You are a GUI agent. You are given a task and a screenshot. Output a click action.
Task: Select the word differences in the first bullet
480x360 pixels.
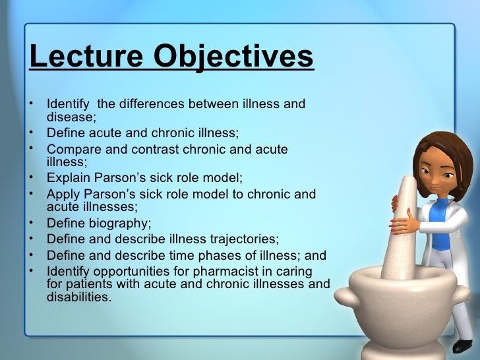coord(152,105)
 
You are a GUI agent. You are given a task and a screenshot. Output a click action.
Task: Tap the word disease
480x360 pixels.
coord(71,118)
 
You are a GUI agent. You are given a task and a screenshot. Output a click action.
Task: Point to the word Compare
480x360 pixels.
coord(73,149)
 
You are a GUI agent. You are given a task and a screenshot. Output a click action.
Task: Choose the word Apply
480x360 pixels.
coord(63,195)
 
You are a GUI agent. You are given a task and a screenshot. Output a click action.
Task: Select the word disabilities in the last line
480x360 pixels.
coord(78,297)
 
